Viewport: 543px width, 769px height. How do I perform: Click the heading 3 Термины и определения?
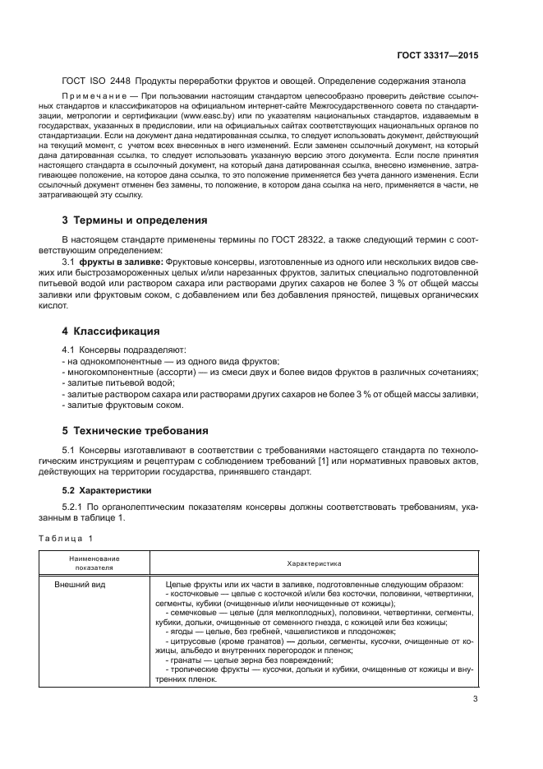click(x=135, y=220)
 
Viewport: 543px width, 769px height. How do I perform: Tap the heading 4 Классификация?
click(x=111, y=331)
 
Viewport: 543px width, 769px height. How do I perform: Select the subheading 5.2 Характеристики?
click(x=104, y=491)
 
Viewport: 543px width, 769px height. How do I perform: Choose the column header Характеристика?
click(x=314, y=563)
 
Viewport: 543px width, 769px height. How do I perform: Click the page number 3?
click(x=475, y=700)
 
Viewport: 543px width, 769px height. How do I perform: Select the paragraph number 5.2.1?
click(x=76, y=508)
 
